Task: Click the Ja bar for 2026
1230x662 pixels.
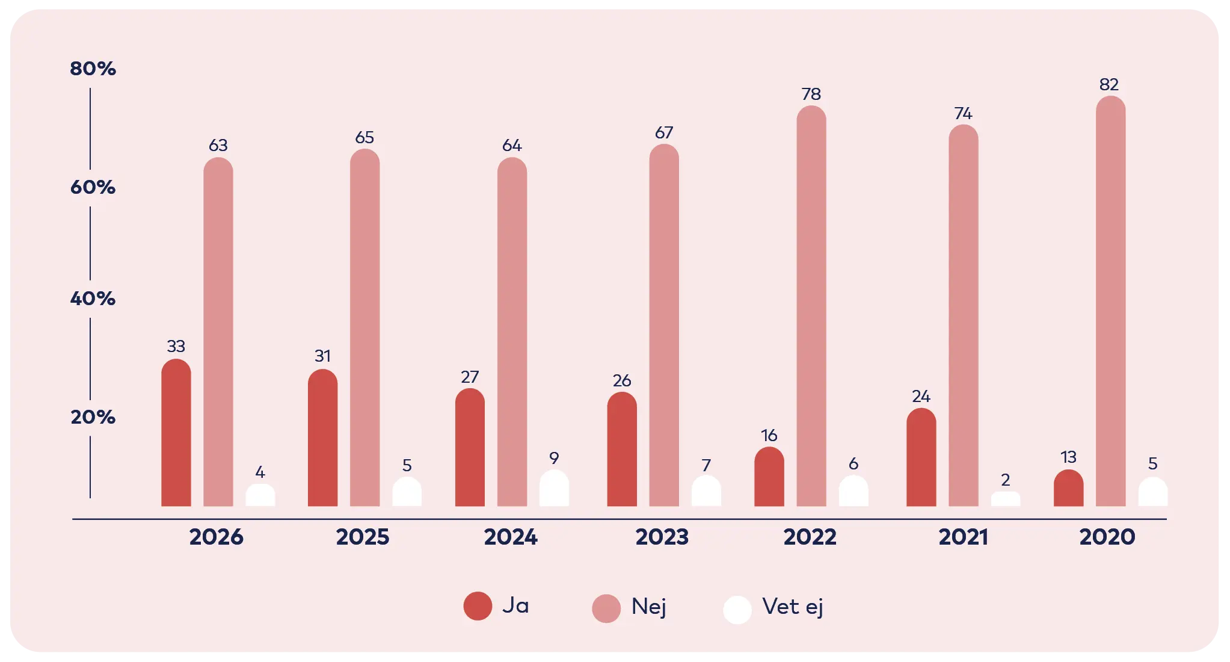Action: [x=176, y=433]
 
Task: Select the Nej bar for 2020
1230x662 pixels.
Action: [x=1110, y=301]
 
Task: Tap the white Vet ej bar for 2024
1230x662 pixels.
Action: [x=554, y=489]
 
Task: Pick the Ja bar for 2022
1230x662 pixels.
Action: [x=769, y=477]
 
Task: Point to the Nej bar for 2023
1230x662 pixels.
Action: [x=664, y=325]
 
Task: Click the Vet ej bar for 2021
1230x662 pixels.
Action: [x=1005, y=499]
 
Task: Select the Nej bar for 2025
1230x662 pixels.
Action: [x=364, y=328]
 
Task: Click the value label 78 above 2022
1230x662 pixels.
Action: [x=811, y=94]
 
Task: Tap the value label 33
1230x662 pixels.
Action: [x=176, y=346]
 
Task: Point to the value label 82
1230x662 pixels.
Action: [x=1109, y=85]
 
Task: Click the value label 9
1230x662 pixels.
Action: [x=554, y=458]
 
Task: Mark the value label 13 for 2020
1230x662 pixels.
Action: [x=1068, y=457]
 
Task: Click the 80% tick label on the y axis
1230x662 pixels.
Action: [x=93, y=69]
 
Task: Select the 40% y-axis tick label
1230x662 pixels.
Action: [x=93, y=299]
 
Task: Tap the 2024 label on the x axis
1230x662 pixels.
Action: [x=511, y=537]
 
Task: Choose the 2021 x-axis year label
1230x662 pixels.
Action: [x=963, y=537]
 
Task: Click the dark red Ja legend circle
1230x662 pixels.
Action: [x=478, y=606]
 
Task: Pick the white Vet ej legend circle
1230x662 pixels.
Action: [x=737, y=610]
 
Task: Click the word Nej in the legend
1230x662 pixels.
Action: [x=648, y=607]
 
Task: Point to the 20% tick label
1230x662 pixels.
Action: [x=93, y=417]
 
